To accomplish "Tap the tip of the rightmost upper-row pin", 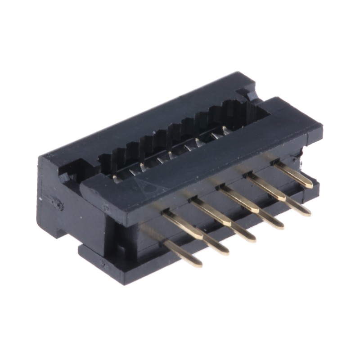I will coord(307,184).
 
